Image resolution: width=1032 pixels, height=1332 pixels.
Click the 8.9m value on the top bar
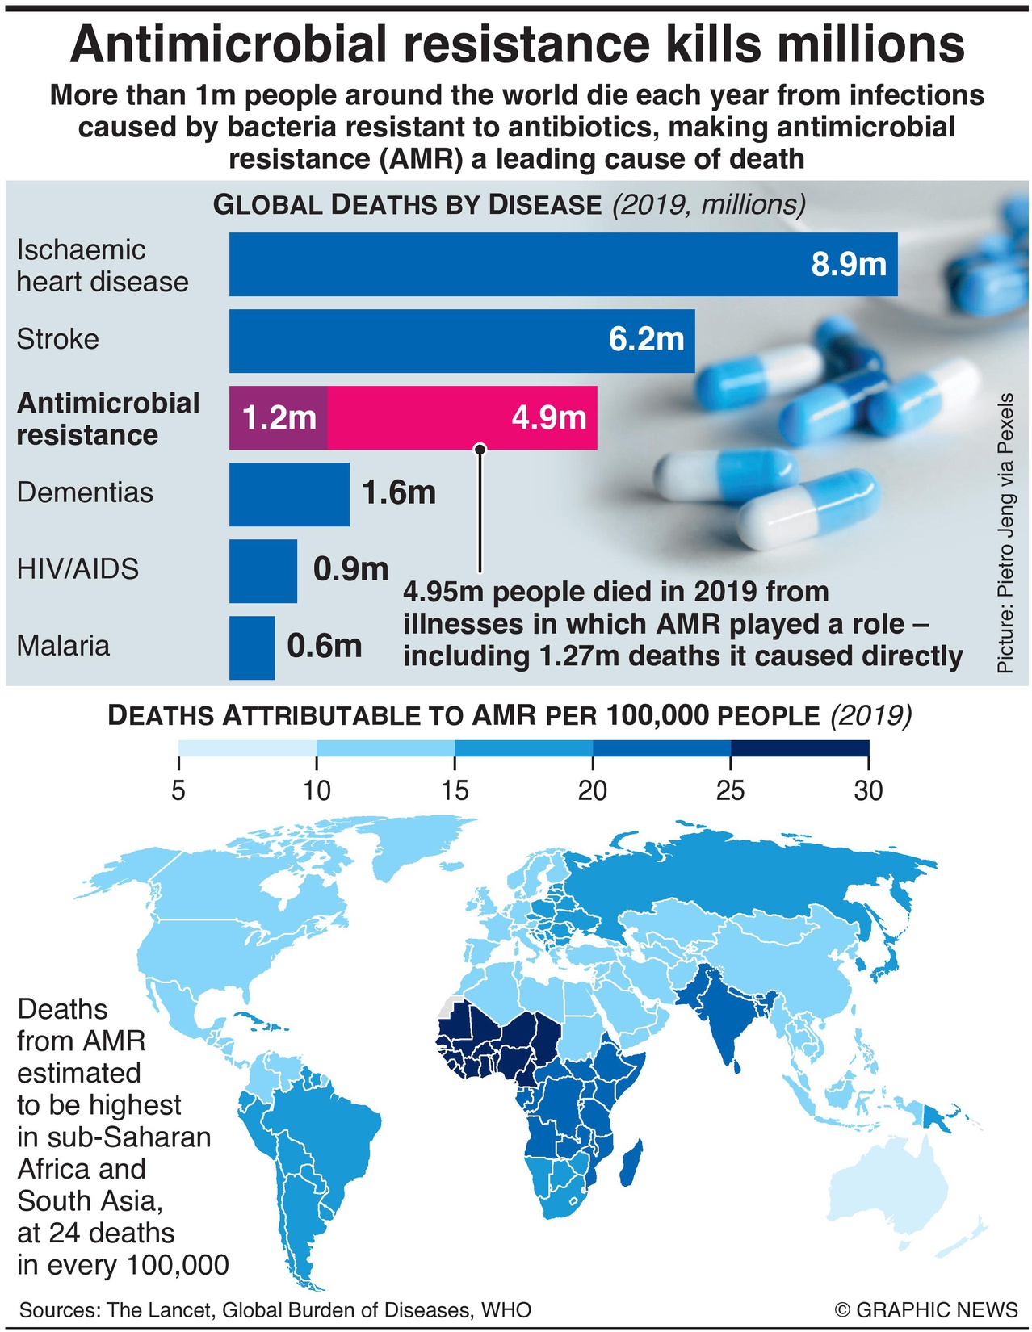[x=849, y=264]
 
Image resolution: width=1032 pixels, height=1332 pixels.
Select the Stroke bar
[x=461, y=341]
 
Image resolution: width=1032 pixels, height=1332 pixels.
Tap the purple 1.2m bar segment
[x=278, y=417]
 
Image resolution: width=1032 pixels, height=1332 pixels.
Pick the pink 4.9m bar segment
[x=462, y=417]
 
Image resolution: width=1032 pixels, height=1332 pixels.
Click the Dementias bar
[x=289, y=494]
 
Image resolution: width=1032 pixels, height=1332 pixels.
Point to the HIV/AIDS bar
[x=262, y=571]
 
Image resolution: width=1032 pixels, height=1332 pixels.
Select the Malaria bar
[x=252, y=647]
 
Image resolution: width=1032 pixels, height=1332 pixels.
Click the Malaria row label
[x=63, y=646]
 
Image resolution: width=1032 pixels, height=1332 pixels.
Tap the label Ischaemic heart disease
[x=102, y=266]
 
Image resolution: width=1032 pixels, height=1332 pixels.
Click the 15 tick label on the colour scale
[x=455, y=790]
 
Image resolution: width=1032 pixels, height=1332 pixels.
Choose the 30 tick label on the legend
[x=868, y=790]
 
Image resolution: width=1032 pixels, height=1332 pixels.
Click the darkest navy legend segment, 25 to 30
[x=799, y=748]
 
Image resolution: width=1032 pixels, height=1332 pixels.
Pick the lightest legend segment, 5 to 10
[x=247, y=748]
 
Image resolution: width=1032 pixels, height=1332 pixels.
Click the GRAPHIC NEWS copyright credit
[x=926, y=1309]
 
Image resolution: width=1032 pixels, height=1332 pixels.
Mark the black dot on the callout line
[x=480, y=449]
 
